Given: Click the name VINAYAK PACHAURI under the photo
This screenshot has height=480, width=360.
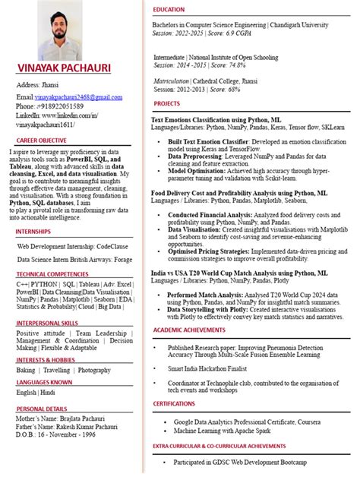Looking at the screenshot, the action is click(64, 68).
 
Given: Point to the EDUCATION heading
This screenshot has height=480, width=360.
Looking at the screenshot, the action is click(169, 9).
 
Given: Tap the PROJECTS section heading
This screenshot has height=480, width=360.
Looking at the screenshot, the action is click(167, 103).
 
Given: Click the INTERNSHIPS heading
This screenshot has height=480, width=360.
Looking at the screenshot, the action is click(34, 231).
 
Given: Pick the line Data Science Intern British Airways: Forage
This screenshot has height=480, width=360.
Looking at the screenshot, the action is click(74, 259).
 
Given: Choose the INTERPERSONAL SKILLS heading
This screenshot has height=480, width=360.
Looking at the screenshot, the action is click(47, 323).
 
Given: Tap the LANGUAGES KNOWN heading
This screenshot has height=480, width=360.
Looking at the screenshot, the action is click(45, 382).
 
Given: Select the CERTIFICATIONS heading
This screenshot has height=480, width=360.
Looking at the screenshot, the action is click(174, 404).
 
